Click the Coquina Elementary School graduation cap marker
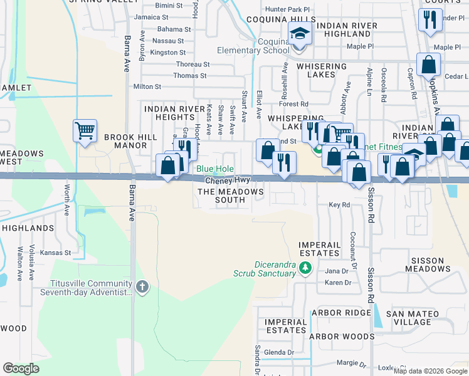(300, 34)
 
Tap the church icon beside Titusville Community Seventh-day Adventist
(142, 287)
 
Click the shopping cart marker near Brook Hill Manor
(85, 131)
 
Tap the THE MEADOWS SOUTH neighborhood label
(230, 196)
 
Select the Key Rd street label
(339, 205)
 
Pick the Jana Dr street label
(336, 271)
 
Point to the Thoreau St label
(192, 65)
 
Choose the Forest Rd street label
(295, 104)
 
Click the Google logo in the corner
(21, 368)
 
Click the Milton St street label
(147, 86)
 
